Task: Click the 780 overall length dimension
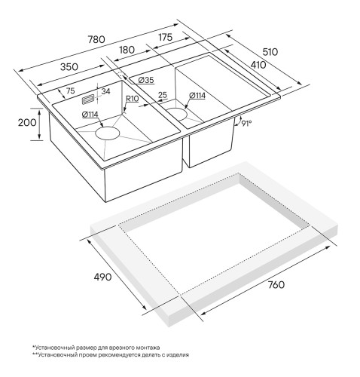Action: coord(96,39)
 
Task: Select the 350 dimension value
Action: coord(69,67)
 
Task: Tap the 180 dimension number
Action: coord(127,50)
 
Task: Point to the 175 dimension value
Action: coord(166,37)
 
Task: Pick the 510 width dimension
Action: coord(270,52)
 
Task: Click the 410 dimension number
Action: coord(258,65)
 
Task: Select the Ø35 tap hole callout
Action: coord(146,80)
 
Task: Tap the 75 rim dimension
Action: coord(71,90)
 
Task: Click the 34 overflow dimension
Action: coord(105,91)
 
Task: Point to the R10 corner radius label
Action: coord(132,99)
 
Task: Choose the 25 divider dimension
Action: coord(163,95)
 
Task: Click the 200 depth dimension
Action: coord(27,123)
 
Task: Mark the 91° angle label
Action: coord(246,123)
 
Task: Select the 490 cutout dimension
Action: coord(102,277)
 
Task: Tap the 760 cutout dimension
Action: coord(276,285)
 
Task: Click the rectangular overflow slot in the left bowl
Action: coord(87,100)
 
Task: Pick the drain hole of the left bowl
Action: coord(107,133)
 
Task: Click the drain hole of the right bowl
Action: coord(177,114)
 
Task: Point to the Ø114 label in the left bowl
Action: coord(90,115)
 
